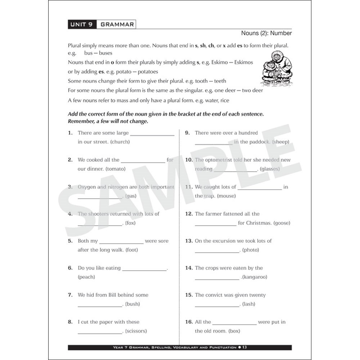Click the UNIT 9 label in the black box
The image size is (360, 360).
pos(81,24)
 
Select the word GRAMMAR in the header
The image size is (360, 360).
pos(117,24)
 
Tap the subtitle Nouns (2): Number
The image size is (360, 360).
pos(266,33)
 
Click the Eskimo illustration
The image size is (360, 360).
pos(276,68)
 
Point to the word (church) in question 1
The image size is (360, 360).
pos(120,142)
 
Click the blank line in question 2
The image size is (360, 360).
pos(143,162)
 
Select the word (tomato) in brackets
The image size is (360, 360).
pos(115,169)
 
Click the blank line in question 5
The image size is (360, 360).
pos(121,243)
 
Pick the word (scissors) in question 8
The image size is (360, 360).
pos(136,331)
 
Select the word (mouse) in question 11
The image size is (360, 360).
pos(226,196)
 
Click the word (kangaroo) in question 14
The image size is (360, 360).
pos(255,277)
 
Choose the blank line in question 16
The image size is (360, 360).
pos(234,324)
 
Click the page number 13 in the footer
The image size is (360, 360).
pos(244,347)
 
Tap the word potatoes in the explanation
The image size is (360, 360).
pos(146,72)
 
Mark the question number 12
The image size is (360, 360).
pos(189,214)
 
